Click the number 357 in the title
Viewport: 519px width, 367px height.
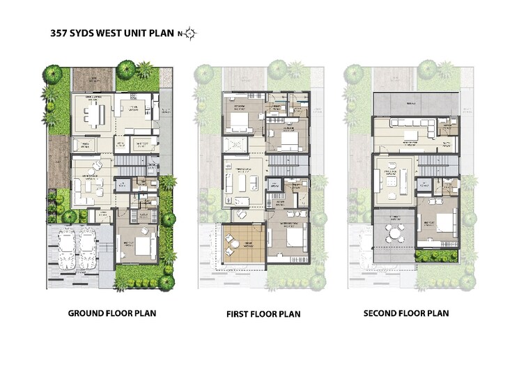pos(58,33)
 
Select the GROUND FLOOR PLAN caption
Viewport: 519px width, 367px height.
pos(111,313)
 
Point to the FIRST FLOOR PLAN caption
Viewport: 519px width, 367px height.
pos(263,314)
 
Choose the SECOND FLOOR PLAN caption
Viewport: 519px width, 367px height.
pos(406,313)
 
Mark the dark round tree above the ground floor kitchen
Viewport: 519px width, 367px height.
pos(126,68)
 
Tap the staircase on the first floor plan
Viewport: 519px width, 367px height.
pos(282,167)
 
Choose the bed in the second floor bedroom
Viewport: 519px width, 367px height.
pos(440,224)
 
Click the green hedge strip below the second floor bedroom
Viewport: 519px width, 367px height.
pos(437,254)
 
